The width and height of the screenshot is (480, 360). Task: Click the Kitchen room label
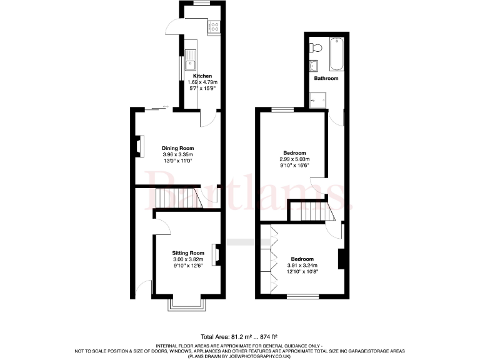coord(202,76)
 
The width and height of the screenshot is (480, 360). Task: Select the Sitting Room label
coord(188,253)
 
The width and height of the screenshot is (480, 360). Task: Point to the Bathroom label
coord(326,79)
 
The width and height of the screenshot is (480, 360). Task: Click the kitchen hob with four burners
coord(213,27)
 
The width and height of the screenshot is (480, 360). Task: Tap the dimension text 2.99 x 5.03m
coord(294,159)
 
